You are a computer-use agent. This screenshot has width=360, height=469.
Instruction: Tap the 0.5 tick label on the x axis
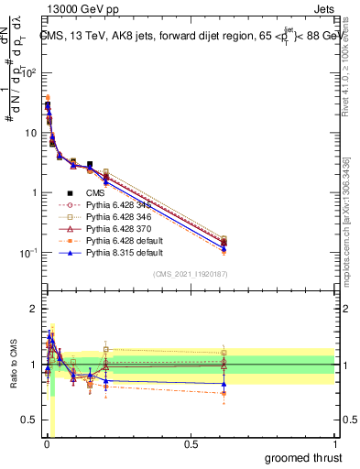[x=190, y=444]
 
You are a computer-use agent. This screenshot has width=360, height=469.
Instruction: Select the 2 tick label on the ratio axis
[x=33, y=309]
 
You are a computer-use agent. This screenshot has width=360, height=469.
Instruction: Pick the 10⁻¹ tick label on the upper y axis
[x=27, y=253]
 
